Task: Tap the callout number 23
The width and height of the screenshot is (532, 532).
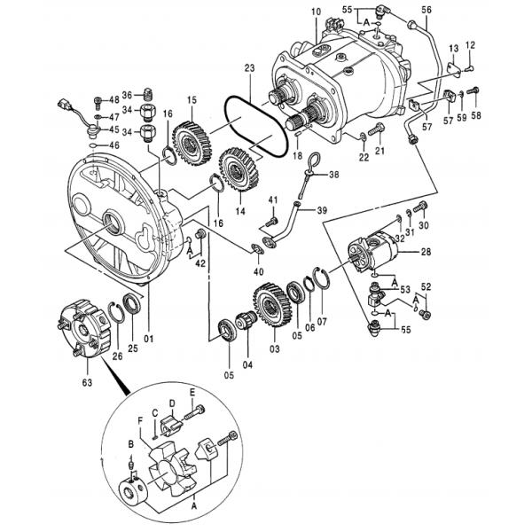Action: [x=249, y=67]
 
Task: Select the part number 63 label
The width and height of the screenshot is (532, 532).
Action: [x=86, y=384]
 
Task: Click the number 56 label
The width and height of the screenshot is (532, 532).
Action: [x=426, y=10]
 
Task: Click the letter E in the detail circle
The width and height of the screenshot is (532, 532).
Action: [x=191, y=391]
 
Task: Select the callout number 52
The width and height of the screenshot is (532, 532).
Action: [x=426, y=287]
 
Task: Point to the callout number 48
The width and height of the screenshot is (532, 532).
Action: [x=113, y=99]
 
